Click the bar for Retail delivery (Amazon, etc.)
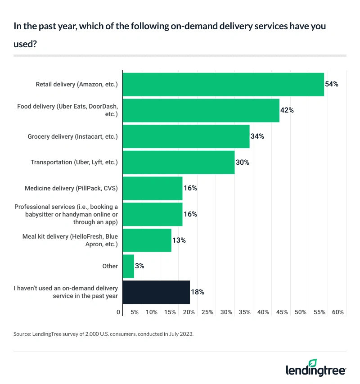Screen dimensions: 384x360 223,84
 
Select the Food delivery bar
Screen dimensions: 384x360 201,110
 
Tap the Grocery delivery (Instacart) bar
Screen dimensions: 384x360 186,136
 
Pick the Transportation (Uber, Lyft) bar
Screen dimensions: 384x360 178,162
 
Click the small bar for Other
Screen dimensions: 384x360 128,266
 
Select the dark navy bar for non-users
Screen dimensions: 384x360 156,292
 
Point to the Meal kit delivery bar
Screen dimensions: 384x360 147,240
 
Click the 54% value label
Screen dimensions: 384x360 332,84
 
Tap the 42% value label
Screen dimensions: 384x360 287,110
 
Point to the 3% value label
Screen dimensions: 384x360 139,266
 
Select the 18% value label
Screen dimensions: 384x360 198,292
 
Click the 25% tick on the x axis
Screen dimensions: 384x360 207,312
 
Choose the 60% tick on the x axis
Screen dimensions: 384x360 338,312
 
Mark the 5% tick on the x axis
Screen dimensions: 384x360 134,312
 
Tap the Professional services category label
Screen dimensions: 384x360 66,214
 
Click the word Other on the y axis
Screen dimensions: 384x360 110,266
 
